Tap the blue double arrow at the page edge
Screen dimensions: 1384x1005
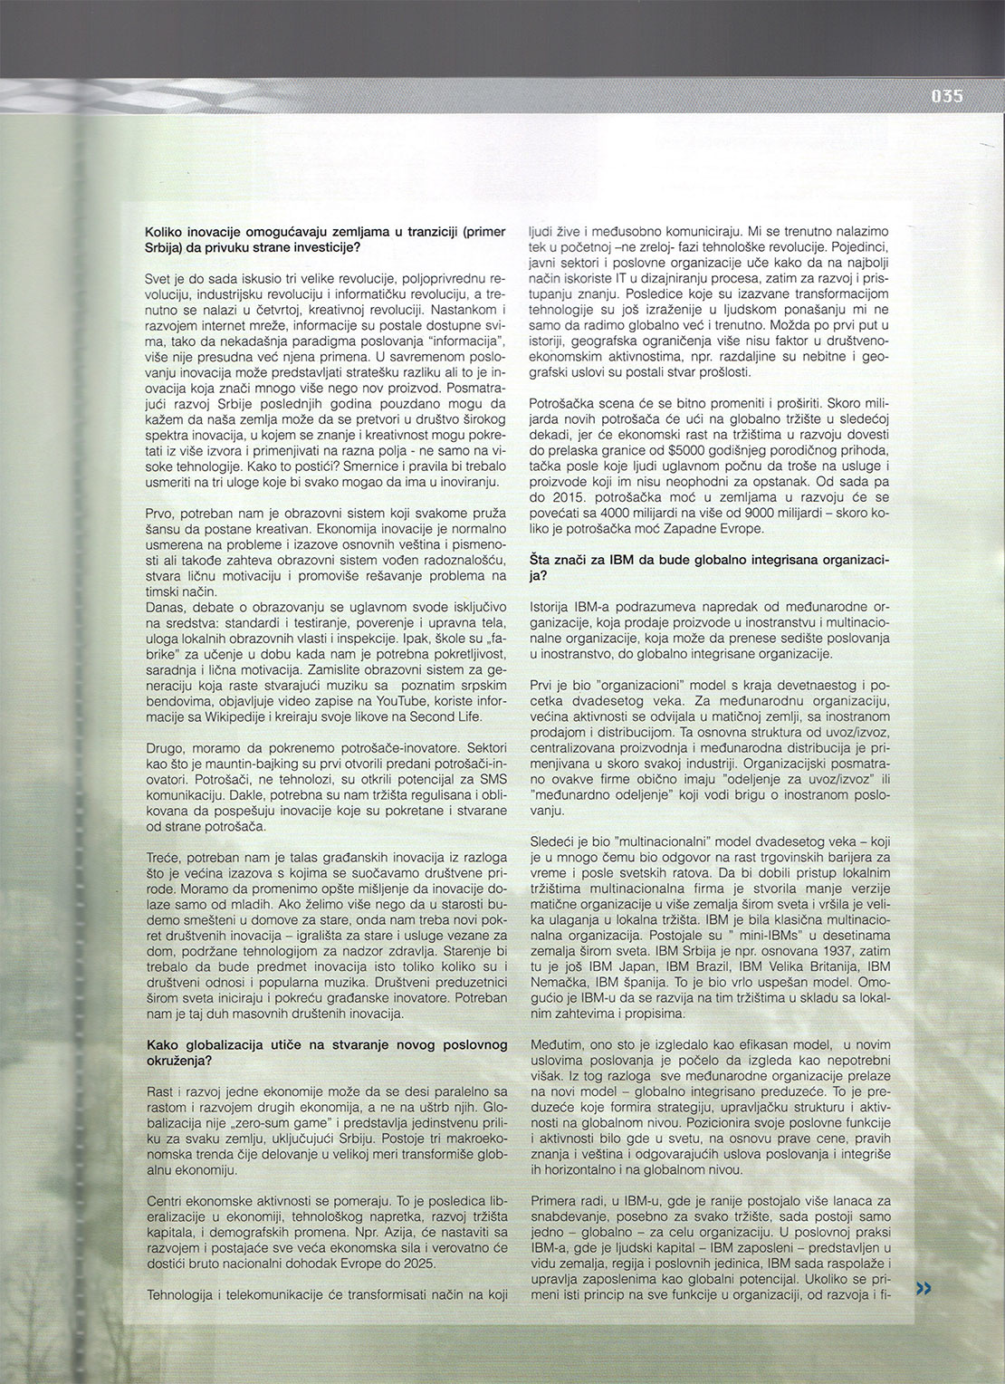tap(924, 1288)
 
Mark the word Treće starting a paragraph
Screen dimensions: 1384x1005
tap(162, 856)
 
